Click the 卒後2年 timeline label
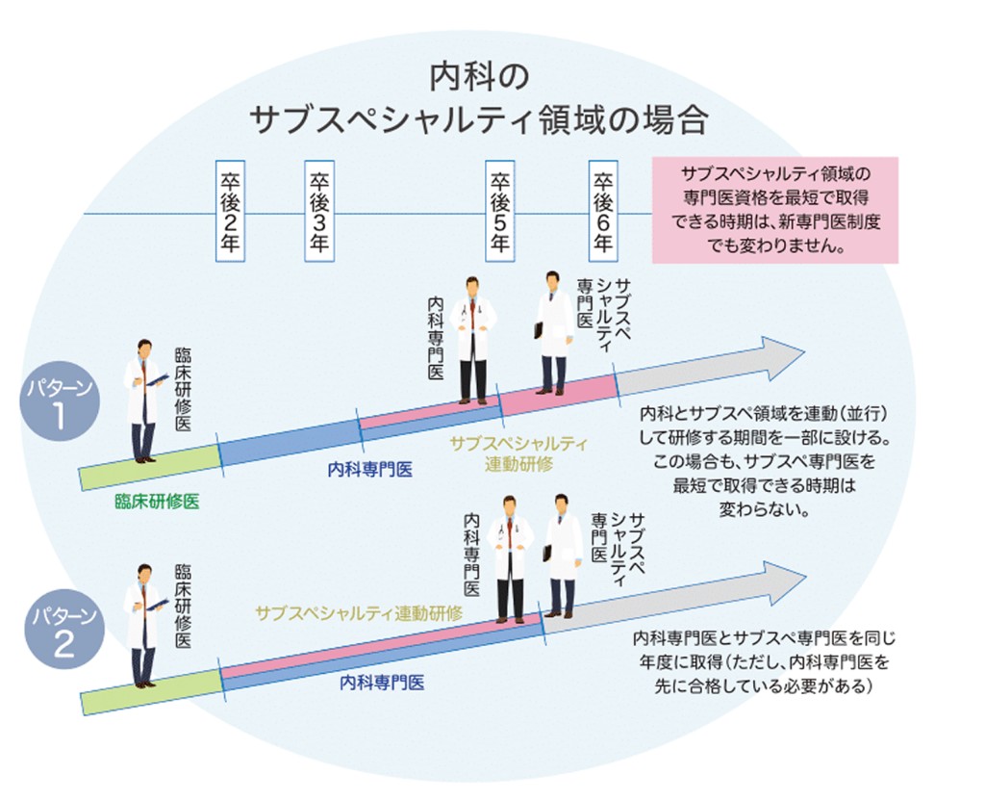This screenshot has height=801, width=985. pyautogui.click(x=231, y=212)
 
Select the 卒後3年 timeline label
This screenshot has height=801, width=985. pyautogui.click(x=319, y=212)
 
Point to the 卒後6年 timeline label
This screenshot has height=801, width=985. pyautogui.click(x=603, y=212)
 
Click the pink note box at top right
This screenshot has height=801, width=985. pyautogui.click(x=774, y=211)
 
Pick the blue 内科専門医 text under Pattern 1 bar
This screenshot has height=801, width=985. pyautogui.click(x=370, y=470)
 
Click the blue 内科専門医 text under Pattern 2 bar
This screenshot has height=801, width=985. pyautogui.click(x=382, y=683)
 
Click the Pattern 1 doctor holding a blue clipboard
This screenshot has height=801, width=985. pyautogui.click(x=143, y=400)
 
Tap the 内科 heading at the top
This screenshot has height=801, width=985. pyautogui.click(x=478, y=78)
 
